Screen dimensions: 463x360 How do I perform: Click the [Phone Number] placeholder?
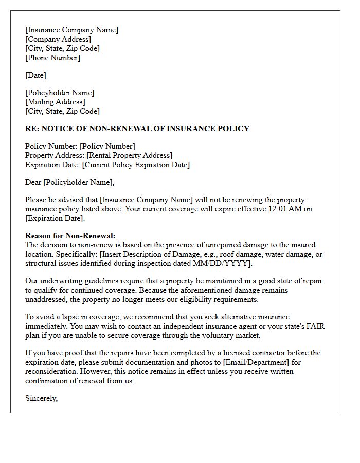[52, 58]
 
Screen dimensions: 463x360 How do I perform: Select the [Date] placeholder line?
[35, 75]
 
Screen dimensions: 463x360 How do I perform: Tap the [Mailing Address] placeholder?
[55, 102]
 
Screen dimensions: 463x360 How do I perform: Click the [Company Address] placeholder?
[58, 39]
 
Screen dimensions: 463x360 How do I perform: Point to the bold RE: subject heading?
[137, 129]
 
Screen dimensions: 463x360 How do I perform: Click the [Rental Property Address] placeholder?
[129, 155]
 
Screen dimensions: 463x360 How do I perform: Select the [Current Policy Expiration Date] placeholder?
[136, 165]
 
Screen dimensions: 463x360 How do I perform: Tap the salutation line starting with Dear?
[70, 182]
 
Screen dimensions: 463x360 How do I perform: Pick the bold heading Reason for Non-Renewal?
[70, 236]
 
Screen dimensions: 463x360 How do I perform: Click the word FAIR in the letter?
[315, 326]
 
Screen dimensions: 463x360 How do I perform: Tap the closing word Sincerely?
[41, 398]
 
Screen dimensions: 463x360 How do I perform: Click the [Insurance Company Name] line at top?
[71, 30]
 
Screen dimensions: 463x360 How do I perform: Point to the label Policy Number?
[51, 146]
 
